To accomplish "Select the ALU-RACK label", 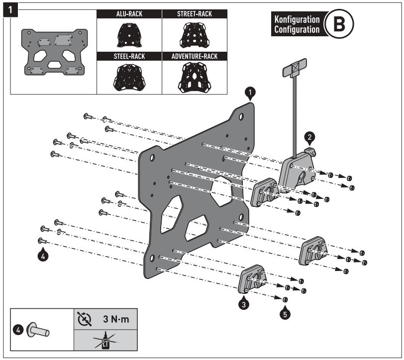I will point(129,14).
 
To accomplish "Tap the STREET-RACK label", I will point(195,14).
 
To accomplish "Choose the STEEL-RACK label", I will point(129,56).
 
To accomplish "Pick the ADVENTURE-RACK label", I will point(195,56).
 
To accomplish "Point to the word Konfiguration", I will point(297,20).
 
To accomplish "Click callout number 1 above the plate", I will point(251,92).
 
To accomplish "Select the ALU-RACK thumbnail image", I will point(129,34).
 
